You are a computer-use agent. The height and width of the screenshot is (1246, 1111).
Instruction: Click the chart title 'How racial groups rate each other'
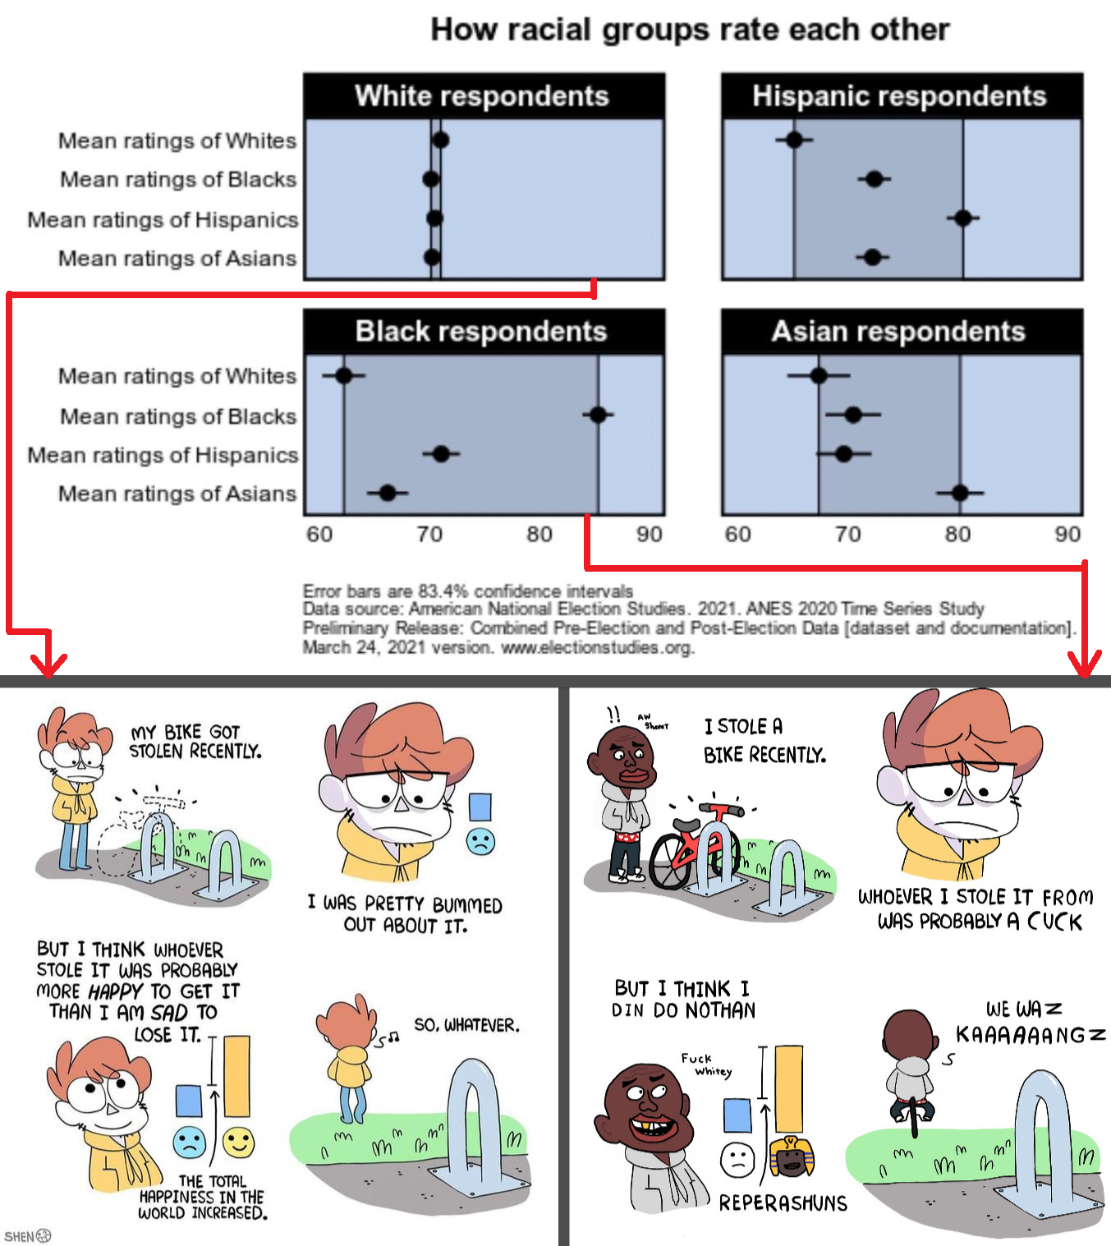tap(690, 30)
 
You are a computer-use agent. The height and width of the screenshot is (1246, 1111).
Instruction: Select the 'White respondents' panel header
tap(484, 96)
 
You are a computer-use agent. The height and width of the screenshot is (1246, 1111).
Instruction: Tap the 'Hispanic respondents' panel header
tap(902, 96)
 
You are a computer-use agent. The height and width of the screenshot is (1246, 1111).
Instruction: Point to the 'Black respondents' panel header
tap(484, 332)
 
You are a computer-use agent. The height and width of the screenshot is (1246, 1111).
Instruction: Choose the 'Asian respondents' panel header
tap(902, 332)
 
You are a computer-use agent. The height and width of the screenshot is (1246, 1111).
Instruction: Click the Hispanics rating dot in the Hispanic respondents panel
tap(963, 218)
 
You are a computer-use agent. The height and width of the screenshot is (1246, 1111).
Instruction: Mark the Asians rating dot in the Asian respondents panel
tap(960, 493)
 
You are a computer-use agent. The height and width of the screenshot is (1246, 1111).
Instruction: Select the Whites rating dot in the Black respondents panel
tap(344, 375)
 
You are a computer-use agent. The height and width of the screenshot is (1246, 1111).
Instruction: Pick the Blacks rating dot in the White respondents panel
tap(431, 180)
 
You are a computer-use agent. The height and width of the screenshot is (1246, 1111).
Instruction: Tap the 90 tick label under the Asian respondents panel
tap(1067, 534)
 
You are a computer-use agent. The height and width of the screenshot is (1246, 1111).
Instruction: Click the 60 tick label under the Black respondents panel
tap(319, 534)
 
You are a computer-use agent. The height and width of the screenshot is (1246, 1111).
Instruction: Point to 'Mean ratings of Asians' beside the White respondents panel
tap(177, 258)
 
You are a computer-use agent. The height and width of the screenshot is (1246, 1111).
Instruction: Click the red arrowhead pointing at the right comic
tap(1085, 664)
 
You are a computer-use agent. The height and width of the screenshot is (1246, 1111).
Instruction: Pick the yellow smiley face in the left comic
tap(238, 1142)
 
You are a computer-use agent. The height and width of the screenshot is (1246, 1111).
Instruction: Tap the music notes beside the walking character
tap(388, 1039)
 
